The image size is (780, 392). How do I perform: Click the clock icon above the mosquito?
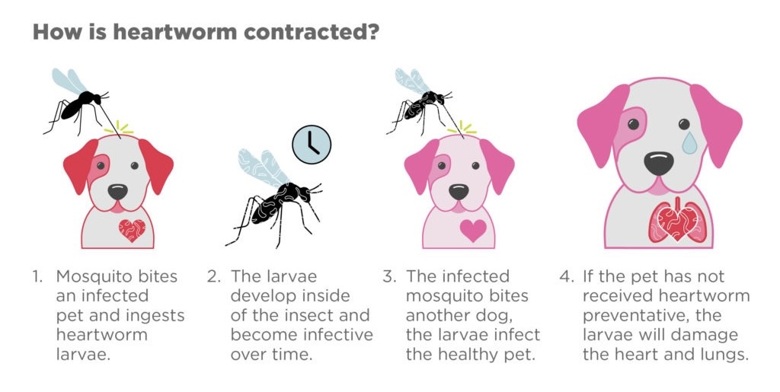pos(312,145)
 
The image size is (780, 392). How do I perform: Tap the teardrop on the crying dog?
pos(690,142)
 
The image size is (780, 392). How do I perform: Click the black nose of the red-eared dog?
pos(118,192)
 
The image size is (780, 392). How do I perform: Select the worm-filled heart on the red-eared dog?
pos(133,230)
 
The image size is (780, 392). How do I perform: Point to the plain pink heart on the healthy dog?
pos(473,230)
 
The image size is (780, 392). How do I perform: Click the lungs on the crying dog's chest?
pos(677,222)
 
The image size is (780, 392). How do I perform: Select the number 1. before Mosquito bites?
pos(37,276)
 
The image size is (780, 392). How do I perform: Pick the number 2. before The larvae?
pos(214,276)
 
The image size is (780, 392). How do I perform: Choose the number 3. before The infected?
pos(389,276)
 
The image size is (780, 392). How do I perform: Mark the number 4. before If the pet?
pos(567,276)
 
